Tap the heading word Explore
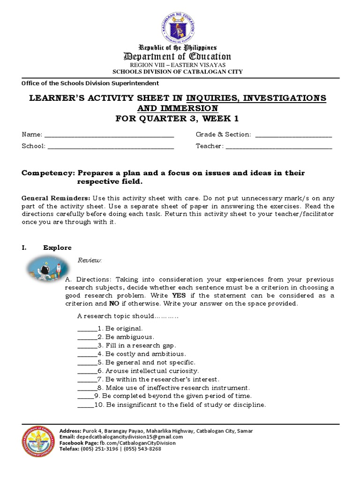click(x=57, y=247)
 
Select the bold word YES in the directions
click(x=179, y=296)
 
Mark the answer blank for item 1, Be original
click(x=86, y=329)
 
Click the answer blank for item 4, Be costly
click(x=86, y=354)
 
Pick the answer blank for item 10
click(x=85, y=405)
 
